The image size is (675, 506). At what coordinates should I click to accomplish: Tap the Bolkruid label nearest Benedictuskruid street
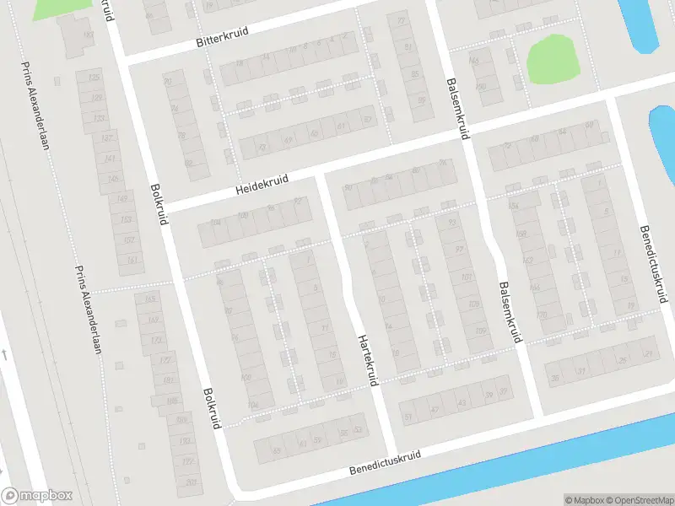(x=211, y=408)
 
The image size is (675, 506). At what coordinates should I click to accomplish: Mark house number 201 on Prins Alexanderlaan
(x=191, y=482)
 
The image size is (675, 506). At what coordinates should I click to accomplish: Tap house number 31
(x=580, y=371)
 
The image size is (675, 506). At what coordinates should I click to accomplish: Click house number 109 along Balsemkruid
(x=480, y=331)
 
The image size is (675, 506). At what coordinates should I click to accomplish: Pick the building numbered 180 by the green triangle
(x=88, y=35)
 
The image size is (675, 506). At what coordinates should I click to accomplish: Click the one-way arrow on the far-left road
(x=3, y=354)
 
